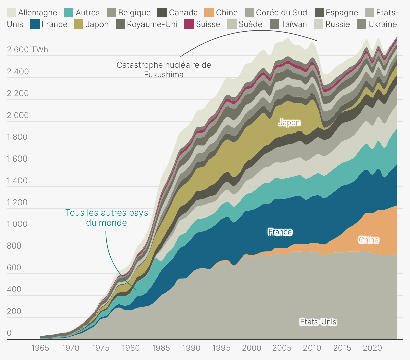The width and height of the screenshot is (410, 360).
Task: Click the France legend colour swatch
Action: click(x=35, y=24)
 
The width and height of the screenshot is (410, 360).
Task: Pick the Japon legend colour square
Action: click(x=79, y=24)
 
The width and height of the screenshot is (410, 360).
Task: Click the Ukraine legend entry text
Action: click(x=382, y=24)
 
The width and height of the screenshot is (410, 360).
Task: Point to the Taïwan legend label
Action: click(x=294, y=24)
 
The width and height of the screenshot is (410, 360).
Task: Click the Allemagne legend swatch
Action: click(x=11, y=13)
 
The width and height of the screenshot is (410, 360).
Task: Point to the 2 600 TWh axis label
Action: click(x=28, y=50)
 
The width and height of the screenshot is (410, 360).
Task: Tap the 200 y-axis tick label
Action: click(x=14, y=311)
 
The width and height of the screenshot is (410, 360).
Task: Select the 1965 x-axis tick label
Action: click(x=40, y=348)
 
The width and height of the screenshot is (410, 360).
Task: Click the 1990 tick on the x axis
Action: click(x=191, y=348)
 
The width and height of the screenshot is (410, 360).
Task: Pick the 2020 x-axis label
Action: click(x=372, y=348)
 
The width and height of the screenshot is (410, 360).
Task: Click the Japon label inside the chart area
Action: click(x=289, y=123)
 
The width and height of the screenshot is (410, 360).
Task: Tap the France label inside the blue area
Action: click(x=280, y=232)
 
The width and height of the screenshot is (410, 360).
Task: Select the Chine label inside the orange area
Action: click(x=369, y=240)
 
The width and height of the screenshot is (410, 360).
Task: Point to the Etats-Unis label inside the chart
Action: click(x=318, y=322)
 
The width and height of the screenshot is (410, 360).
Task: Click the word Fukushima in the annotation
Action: click(x=164, y=74)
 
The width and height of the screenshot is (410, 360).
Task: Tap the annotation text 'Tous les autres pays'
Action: click(x=107, y=213)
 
